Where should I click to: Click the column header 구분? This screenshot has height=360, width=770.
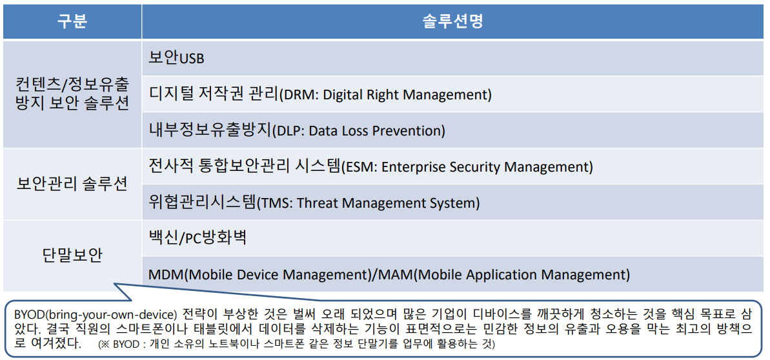pyautogui.click(x=72, y=22)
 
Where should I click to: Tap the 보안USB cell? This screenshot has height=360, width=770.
pyautogui.click(x=176, y=59)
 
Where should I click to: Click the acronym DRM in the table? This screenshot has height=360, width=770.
pyautogui.click(x=296, y=95)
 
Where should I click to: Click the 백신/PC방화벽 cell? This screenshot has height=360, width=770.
pyautogui.click(x=198, y=238)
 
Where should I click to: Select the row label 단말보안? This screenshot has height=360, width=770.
pyautogui.click(x=72, y=256)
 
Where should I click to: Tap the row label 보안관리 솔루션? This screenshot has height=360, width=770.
pyautogui.click(x=72, y=184)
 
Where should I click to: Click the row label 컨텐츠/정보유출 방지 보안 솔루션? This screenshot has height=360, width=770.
pyautogui.click(x=72, y=94)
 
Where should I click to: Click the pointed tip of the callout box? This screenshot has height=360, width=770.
pyautogui.click(x=114, y=283)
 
